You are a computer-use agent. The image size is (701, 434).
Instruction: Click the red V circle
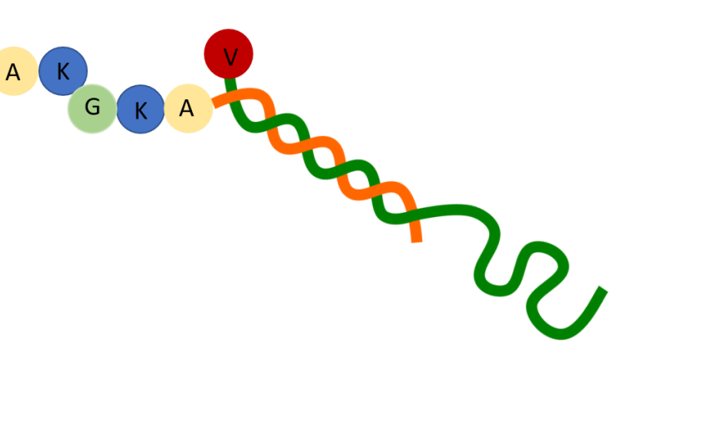coord(229,54)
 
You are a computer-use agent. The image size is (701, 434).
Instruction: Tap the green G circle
coord(92,108)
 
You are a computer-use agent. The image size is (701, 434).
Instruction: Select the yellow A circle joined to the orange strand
coord(188,108)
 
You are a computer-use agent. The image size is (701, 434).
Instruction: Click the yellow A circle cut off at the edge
coord(13,72)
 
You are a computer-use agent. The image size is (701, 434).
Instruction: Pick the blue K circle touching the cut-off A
coord(63,71)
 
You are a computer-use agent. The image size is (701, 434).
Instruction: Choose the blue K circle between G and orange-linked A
coord(140,109)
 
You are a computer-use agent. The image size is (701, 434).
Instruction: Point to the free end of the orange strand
coord(416,239)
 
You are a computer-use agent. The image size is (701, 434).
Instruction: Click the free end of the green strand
coord(603,290)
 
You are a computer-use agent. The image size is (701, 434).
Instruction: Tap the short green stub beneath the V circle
coord(230,83)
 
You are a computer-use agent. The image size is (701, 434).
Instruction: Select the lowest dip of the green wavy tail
coord(559,333)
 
